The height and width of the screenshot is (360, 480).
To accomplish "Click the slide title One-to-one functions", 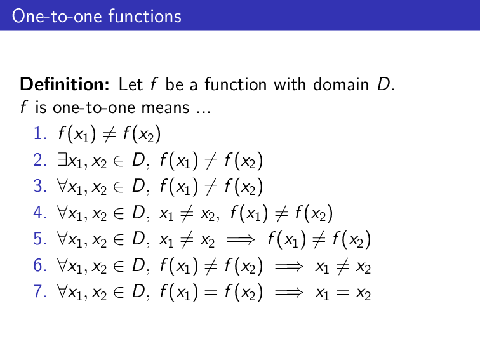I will tap(97, 15).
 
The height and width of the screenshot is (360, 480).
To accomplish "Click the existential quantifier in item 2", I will tap(60, 161).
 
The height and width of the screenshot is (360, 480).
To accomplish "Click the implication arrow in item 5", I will tap(245, 241).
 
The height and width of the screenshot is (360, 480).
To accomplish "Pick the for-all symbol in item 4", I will tap(61, 213).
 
